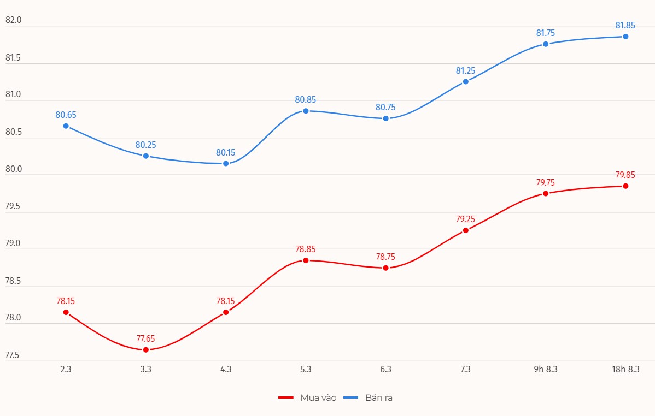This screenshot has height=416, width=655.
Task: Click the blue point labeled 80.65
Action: (66, 126)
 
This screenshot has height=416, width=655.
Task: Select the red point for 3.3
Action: (146, 349)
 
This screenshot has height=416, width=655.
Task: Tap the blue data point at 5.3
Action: (306, 111)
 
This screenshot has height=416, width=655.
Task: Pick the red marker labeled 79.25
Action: (466, 230)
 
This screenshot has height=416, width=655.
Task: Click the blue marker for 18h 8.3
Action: (625, 37)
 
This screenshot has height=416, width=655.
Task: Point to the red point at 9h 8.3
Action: (546, 193)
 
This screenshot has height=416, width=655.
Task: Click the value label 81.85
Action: (625, 25)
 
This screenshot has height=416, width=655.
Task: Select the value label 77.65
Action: (146, 338)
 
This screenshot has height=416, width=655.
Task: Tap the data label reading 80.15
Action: (226, 152)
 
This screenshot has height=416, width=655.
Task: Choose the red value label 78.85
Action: (306, 249)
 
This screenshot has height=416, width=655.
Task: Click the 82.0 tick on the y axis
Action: (13, 20)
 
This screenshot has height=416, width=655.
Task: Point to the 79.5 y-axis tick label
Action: (13, 206)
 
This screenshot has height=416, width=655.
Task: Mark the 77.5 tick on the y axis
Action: (13, 355)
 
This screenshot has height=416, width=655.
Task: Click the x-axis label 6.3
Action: (385, 370)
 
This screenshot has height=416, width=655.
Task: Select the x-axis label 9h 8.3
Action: (546, 370)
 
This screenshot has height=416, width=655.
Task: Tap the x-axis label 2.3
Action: (66, 370)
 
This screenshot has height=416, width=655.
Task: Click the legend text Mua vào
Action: (318, 397)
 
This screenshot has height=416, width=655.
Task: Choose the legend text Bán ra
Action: (379, 397)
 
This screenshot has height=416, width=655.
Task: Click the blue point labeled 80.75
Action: (385, 118)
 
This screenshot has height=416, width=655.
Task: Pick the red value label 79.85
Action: (625, 175)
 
